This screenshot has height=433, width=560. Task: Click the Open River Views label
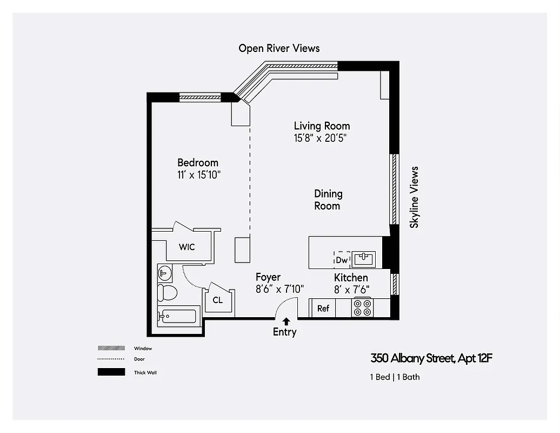pos(279,48)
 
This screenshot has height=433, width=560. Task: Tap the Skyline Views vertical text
pos(414,197)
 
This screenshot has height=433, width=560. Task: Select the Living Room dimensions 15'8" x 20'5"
pos(320,138)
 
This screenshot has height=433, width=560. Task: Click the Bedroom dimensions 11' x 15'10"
pos(198,175)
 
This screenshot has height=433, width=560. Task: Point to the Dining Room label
pos(328,200)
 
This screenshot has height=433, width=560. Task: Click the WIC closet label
pos(187,247)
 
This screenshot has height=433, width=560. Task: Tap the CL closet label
pos(217,300)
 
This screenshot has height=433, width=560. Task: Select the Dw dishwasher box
pos(342,260)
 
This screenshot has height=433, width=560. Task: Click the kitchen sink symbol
pos(363,259)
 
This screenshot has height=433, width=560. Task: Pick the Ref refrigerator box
pos(323,309)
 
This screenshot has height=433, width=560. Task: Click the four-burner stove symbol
pos(362,308)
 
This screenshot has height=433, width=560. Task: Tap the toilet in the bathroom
pos(167,293)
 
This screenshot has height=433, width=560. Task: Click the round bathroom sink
pos(164,274)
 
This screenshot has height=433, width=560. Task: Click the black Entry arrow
pos(286,322)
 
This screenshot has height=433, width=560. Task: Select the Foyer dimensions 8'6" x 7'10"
pos(279,289)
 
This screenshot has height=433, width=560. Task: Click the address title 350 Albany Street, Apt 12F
pos(431,358)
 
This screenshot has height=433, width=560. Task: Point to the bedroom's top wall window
pos(200,98)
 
